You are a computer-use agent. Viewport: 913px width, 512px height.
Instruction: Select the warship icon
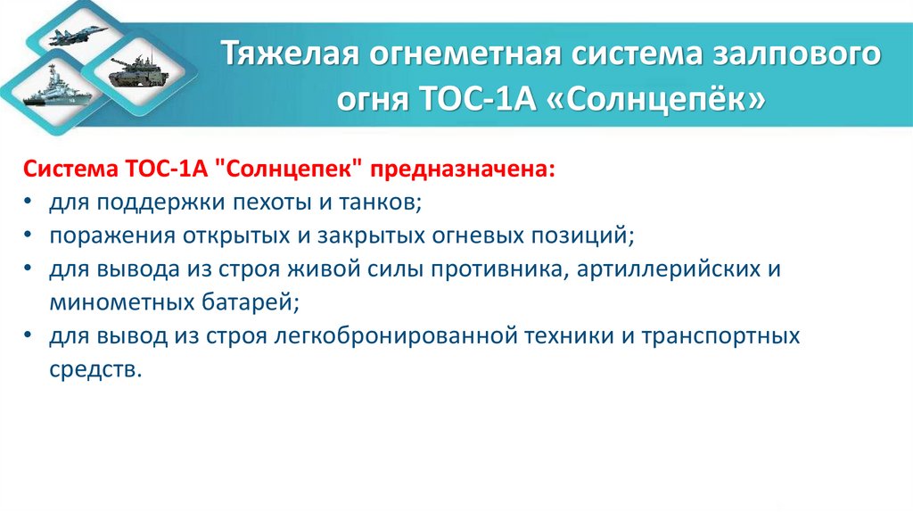click(49, 93)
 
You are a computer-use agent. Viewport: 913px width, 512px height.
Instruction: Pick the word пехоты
click(247, 203)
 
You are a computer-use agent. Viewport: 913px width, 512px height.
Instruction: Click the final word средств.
click(95, 368)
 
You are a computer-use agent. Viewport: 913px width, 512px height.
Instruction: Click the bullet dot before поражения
click(30, 237)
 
